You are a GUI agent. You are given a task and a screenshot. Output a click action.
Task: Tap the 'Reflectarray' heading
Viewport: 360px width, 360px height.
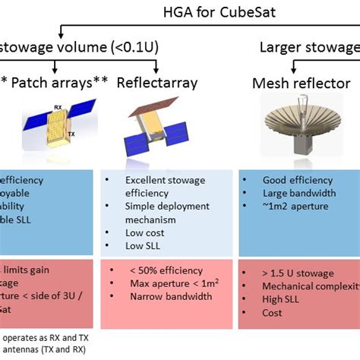click(156, 83)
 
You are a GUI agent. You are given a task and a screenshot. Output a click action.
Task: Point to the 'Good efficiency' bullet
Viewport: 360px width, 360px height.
click(297, 180)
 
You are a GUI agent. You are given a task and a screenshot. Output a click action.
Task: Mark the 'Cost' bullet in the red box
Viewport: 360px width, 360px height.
click(272, 313)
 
